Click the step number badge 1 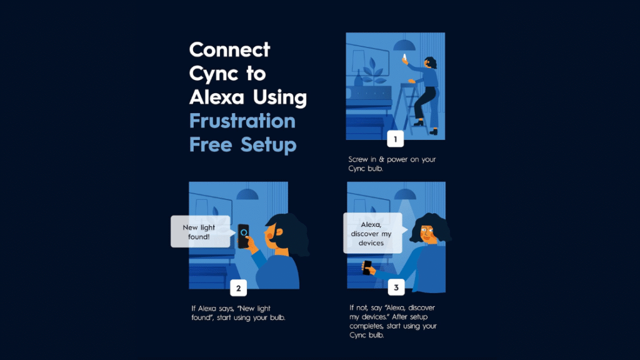click(395, 139)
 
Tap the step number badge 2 click(238, 288)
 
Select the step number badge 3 click(396, 287)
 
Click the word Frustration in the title click(242, 121)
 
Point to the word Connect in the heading click(230, 50)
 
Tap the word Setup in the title click(268, 145)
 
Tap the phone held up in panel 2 click(243, 236)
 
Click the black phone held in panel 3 click(367, 267)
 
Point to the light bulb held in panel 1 click(404, 57)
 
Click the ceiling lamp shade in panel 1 click(404, 45)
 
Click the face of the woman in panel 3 click(426, 234)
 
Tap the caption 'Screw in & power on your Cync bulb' click(392, 164)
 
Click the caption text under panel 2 click(238, 312)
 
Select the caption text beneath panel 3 click(393, 321)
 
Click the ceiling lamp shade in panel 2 click(247, 194)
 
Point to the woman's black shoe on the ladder click(419, 122)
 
